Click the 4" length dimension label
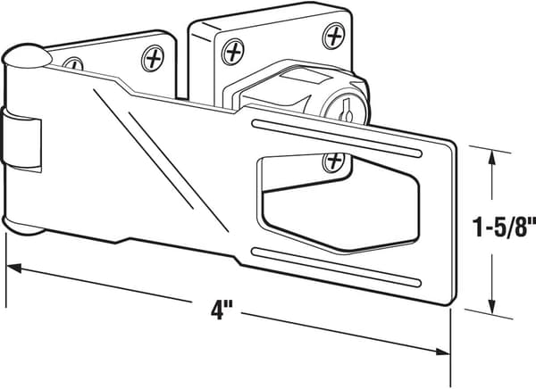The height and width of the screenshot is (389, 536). (x=217, y=310)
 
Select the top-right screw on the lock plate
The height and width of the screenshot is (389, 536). (x=333, y=36)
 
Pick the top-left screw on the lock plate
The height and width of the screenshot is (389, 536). (x=233, y=53)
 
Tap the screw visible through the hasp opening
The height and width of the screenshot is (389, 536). (x=333, y=161)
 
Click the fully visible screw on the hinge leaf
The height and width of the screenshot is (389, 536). (x=153, y=58)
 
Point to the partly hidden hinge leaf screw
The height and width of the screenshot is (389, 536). (x=73, y=63)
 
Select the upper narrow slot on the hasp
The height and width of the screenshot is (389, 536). (x=337, y=137)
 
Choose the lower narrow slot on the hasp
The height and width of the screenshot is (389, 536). (x=337, y=267)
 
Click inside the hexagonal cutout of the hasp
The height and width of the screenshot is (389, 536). (x=339, y=205)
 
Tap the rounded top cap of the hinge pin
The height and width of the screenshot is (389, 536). (x=27, y=54)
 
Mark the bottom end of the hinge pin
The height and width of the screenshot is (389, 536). (x=23, y=226)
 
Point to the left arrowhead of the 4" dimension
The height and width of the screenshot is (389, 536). (x=13, y=268)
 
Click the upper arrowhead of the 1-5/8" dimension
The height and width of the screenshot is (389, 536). (x=491, y=158)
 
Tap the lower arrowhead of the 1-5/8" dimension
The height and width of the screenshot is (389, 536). (x=491, y=306)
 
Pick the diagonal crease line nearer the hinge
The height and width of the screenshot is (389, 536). (x=143, y=149)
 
